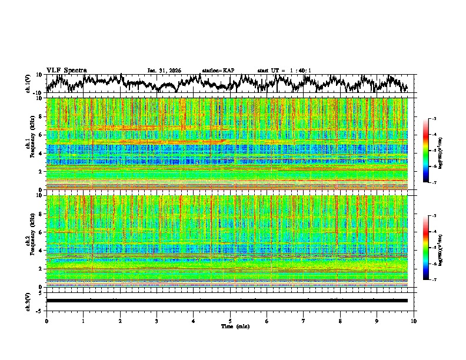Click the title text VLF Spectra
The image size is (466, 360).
(x=66, y=70)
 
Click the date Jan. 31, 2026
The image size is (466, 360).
(x=164, y=71)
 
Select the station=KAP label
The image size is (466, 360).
(x=218, y=71)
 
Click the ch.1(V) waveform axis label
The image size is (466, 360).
(x=28, y=84)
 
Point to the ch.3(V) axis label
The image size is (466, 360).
(x=28, y=301)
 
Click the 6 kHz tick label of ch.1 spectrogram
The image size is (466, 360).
(x=41, y=135)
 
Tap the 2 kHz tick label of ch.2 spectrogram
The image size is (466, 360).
(x=41, y=269)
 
